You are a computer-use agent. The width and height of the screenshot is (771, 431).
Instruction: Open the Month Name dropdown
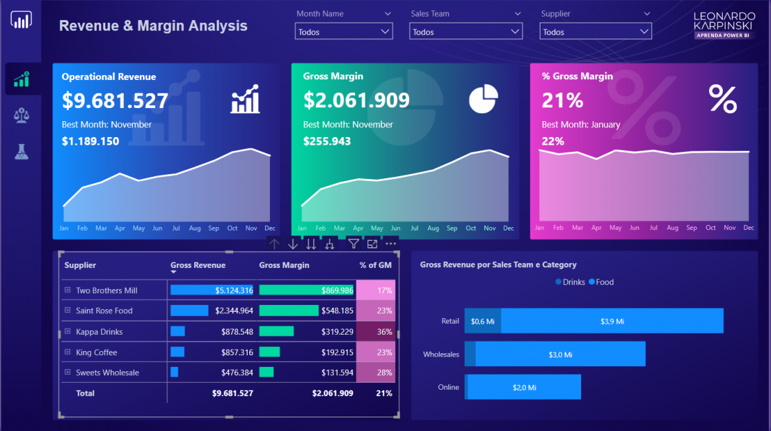pyautogui.click(x=344, y=32)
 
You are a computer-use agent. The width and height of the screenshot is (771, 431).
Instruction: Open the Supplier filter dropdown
pyautogui.click(x=595, y=32)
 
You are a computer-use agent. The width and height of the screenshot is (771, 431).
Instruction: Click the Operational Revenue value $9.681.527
pyautogui.click(x=115, y=101)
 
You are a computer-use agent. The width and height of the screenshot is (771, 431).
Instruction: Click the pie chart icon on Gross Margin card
pyautogui.click(x=483, y=99)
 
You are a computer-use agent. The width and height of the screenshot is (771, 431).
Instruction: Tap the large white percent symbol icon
pyautogui.click(x=722, y=99)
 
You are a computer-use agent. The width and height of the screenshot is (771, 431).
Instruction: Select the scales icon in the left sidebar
pyautogui.click(x=21, y=115)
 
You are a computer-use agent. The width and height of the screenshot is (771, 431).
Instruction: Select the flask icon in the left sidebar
pyautogui.click(x=21, y=152)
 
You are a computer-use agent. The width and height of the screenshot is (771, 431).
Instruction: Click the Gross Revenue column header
pyautogui.click(x=198, y=265)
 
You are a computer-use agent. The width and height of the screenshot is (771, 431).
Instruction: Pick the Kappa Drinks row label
pyautogui.click(x=99, y=332)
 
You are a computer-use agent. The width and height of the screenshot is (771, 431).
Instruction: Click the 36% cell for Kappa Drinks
pyautogui.click(x=376, y=332)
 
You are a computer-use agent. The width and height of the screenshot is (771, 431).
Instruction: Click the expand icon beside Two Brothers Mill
pyautogui.click(x=67, y=291)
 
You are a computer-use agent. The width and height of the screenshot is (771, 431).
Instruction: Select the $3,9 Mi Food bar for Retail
pyautogui.click(x=612, y=321)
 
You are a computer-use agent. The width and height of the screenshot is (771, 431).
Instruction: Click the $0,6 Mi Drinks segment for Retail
pyautogui.click(x=483, y=321)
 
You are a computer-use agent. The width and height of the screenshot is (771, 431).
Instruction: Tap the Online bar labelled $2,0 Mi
pyautogui.click(x=525, y=388)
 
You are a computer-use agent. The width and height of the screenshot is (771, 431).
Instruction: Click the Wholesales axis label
pyautogui.click(x=441, y=355)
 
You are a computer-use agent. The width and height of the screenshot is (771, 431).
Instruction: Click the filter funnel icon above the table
pyautogui.click(x=353, y=244)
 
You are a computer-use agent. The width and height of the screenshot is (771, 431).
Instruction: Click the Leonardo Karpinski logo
pyautogui.click(x=723, y=24)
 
